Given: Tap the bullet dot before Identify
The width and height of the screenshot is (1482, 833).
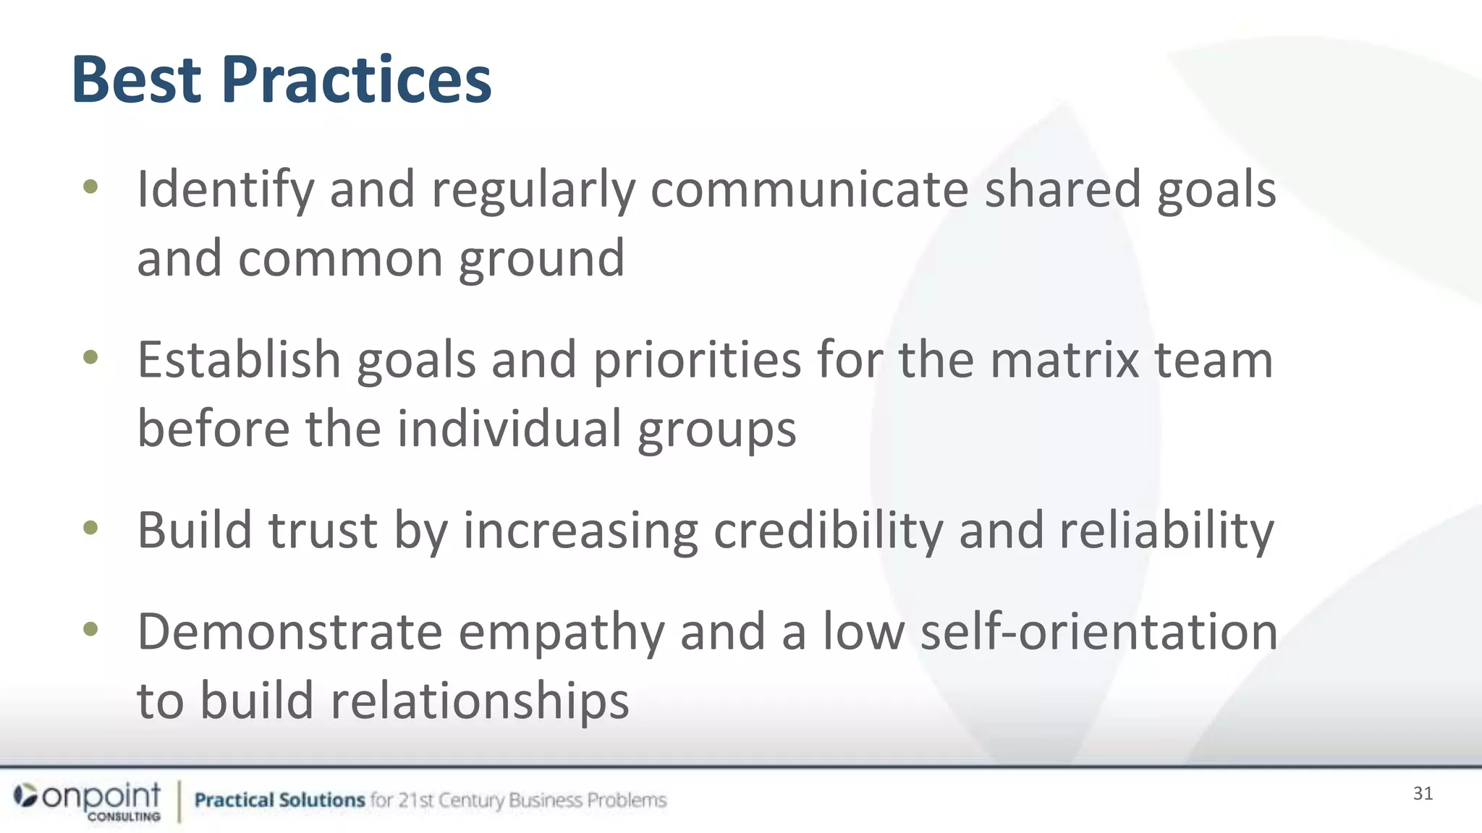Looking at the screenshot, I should coord(90,187).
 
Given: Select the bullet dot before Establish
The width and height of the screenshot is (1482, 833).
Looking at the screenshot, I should coord(90,357).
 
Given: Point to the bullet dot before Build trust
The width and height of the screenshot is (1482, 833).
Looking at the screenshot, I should coord(90,528).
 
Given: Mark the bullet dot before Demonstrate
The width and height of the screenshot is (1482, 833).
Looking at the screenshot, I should coord(90,629).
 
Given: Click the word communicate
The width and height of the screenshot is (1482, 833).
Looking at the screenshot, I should coord(809,189).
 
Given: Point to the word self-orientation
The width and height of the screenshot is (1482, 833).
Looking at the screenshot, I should coord(1098,632).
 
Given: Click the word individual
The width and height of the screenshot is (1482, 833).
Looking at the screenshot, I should coord(509,428).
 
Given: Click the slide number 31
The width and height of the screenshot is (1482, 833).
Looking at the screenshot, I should coord(1423,794).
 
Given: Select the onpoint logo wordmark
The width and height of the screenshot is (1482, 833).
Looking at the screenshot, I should coord(101,796).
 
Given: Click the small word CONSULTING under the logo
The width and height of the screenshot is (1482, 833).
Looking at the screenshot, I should coord(124,817).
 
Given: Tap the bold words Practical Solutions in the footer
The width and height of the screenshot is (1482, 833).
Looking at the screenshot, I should coord(279,800).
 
